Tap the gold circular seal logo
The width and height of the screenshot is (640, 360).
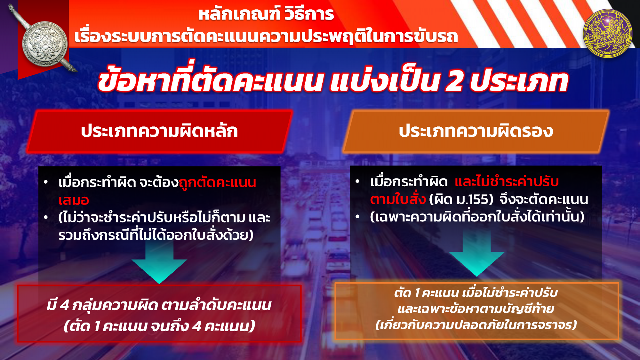coord(607,33)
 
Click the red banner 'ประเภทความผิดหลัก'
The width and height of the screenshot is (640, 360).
coord(159,131)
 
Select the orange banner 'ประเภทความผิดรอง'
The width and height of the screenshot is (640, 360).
coord(476,131)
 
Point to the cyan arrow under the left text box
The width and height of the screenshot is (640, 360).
coord(159,261)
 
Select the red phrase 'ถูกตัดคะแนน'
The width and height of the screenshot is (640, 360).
coord(217,183)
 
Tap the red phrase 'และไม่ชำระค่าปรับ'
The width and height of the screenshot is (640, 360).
coord(507,181)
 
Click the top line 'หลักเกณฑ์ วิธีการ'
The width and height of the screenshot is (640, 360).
coord(266,14)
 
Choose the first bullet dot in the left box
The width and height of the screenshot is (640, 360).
coord(46,182)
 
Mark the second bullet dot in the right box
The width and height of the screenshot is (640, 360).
coord(357,217)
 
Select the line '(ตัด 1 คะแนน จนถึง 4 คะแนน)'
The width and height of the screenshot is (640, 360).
coord(159,326)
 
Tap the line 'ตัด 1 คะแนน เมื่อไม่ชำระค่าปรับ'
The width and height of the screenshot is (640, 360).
coord(476,292)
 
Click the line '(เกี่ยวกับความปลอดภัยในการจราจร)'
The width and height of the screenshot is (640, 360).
coord(476,324)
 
